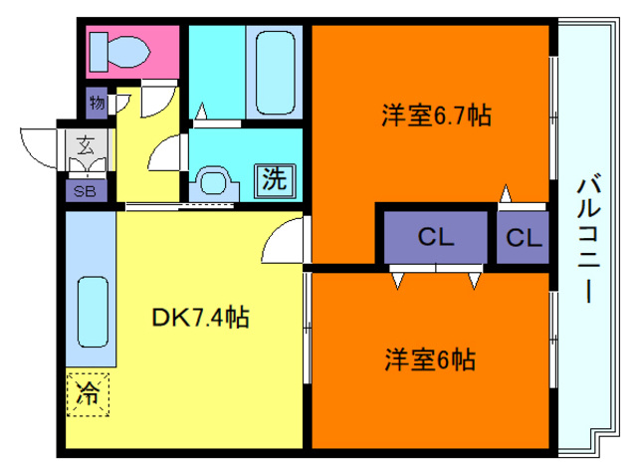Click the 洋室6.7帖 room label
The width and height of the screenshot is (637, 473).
tap(435, 116)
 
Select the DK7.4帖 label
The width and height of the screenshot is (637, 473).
tap(200, 318)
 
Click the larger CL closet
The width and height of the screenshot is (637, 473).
tap(436, 237)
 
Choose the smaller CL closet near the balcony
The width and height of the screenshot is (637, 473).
tap(523, 238)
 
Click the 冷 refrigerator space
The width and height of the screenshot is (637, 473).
tap(89, 392)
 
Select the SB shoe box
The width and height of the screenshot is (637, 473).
tap(84, 191)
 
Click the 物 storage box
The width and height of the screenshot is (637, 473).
tap(97, 102)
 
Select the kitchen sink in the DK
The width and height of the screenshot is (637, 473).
tap(92, 310)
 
